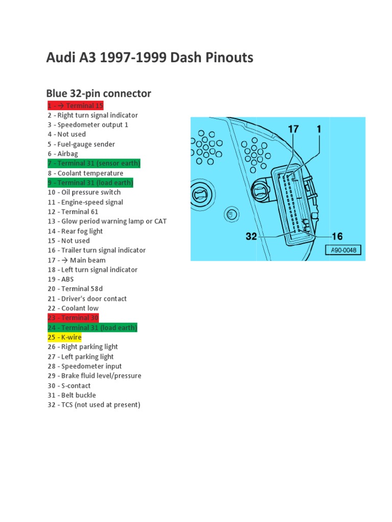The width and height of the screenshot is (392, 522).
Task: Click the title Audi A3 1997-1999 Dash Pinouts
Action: pyautogui.click(x=150, y=58)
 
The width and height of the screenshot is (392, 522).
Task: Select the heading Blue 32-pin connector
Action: pyautogui.click(x=99, y=93)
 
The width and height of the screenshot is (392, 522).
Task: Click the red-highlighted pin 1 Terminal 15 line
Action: pyautogui.click(x=76, y=106)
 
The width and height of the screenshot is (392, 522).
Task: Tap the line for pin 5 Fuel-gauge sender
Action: pyautogui.click(x=81, y=144)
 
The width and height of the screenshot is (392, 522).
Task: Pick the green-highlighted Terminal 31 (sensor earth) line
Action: pyautogui.click(x=94, y=164)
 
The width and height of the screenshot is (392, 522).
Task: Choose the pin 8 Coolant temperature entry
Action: pyautogui.click(x=85, y=173)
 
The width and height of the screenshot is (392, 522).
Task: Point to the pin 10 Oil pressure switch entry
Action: pyautogui.click(x=84, y=192)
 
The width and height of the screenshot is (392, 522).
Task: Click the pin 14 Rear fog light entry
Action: pyautogui.click(x=75, y=231)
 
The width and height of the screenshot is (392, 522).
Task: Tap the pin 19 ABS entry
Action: pyautogui.click(x=61, y=279)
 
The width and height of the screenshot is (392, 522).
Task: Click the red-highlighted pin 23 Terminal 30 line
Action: pyautogui.click(x=73, y=318)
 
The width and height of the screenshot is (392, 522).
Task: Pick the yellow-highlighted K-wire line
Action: pyautogui.click(x=64, y=337)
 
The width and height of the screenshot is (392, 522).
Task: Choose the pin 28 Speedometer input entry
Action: pyautogui.click(x=85, y=366)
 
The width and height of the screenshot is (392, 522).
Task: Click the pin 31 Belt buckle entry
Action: pyautogui.click(x=71, y=395)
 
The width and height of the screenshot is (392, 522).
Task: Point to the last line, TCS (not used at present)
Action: pyautogui.click(x=94, y=405)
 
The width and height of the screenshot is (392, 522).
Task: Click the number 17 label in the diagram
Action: pyautogui.click(x=293, y=129)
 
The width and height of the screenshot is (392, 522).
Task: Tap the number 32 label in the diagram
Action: pyautogui.click(x=251, y=237)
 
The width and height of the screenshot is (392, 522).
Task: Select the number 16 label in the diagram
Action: pyautogui.click(x=337, y=237)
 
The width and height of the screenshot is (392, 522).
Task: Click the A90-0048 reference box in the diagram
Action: pyautogui.click(x=344, y=250)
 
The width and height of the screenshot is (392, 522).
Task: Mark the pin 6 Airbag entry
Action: pyautogui.click(x=63, y=154)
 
